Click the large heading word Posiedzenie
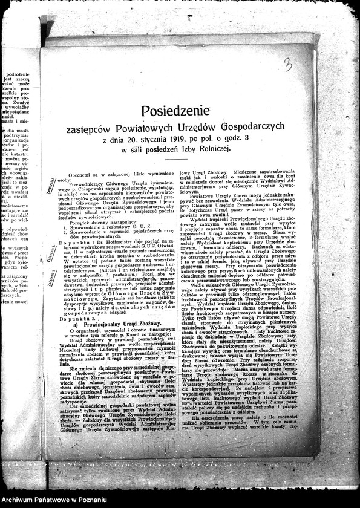coord(179,111)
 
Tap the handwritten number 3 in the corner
coord(288,64)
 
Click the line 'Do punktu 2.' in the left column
coord(77,317)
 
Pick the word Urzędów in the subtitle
coord(200,126)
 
